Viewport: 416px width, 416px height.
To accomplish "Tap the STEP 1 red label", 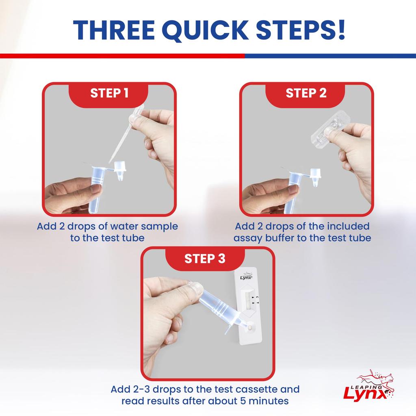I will pos(109,93).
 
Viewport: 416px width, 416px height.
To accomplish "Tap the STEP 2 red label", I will pos(306,93).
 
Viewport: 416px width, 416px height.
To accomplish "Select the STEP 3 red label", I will pos(205,259).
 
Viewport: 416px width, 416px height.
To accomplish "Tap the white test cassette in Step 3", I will pos(248,309).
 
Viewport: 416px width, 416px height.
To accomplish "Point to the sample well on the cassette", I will pos(251,326).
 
